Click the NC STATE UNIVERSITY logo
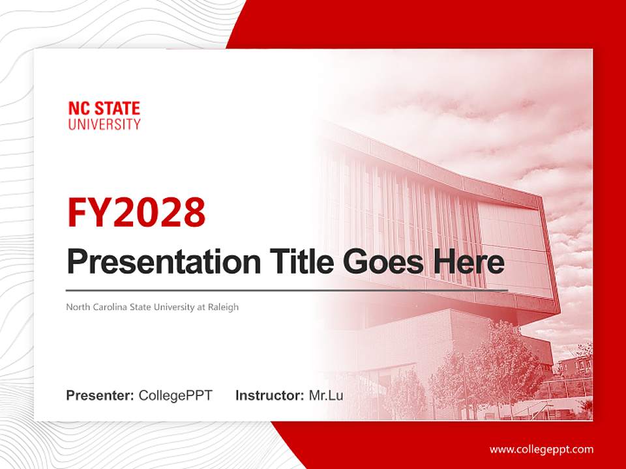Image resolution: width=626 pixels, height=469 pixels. click(104, 116)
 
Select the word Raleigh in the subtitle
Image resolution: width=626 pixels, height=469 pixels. click(223, 307)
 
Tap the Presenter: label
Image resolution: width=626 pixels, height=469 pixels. click(100, 395)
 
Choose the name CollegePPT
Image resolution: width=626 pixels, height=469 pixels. click(175, 395)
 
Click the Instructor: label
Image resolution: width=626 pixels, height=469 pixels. click(269, 395)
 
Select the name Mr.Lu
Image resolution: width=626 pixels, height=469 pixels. click(325, 395)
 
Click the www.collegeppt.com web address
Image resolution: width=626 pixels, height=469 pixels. click(541, 449)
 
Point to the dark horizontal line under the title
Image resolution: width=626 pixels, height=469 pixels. click(287, 290)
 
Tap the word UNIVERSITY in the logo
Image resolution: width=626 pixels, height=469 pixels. click(104, 124)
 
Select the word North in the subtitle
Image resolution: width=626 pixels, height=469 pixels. click(78, 307)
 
